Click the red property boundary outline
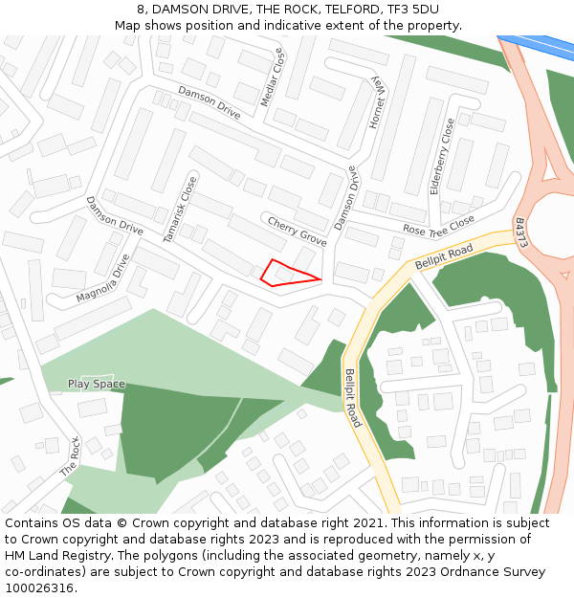click(x=287, y=273)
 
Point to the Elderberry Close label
click(x=442, y=156)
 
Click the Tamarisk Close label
click(x=179, y=209)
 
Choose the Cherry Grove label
click(x=297, y=231)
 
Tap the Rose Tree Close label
click(x=438, y=226)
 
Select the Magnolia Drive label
click(x=102, y=278)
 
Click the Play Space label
click(x=96, y=384)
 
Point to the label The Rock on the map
click(x=71, y=456)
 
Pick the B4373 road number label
click(x=521, y=233)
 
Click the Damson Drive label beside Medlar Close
click(x=209, y=102)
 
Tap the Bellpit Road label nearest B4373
click(x=445, y=256)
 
